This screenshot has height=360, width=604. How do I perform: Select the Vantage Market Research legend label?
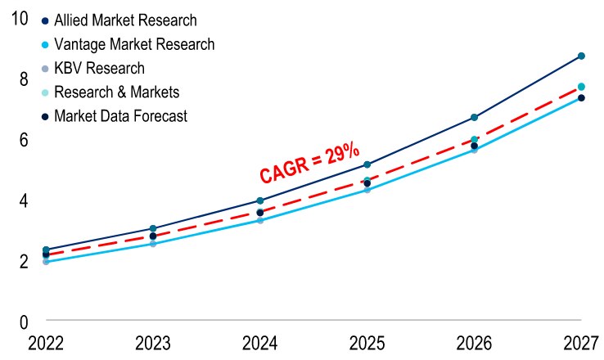pos(134,43)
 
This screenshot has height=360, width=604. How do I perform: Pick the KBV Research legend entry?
pos(99,68)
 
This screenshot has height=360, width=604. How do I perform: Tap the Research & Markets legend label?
pos(116,92)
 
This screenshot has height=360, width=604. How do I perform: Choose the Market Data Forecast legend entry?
pos(120,116)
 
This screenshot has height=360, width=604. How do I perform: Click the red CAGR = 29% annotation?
pos(309,163)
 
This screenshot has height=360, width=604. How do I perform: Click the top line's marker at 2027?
pos(581,56)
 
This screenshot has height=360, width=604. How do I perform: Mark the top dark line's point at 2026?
pos(474,118)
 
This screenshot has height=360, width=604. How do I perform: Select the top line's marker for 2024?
pos(260,200)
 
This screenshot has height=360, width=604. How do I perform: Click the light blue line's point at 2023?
pos(153,244)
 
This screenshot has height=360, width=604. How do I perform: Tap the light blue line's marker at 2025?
pos(367,190)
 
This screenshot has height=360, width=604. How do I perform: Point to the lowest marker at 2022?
pos(46,262)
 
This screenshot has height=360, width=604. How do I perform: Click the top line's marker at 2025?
pos(367,165)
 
